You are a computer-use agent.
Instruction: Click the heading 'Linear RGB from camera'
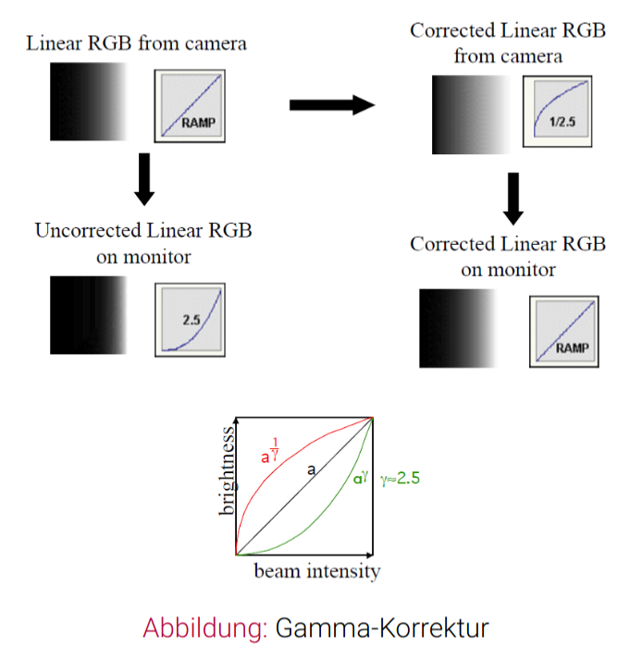(137, 43)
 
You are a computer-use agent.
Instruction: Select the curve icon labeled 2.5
(191, 319)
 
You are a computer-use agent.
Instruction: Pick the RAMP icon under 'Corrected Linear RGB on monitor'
(564, 331)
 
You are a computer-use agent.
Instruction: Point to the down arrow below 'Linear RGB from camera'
(143, 177)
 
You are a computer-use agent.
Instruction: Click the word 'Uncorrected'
(87, 230)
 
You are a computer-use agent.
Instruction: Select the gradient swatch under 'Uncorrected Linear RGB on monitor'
(88, 315)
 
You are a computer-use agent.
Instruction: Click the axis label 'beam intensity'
(316, 571)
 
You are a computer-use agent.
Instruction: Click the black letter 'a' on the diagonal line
(312, 470)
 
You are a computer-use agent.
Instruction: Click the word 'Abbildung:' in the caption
(204, 628)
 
